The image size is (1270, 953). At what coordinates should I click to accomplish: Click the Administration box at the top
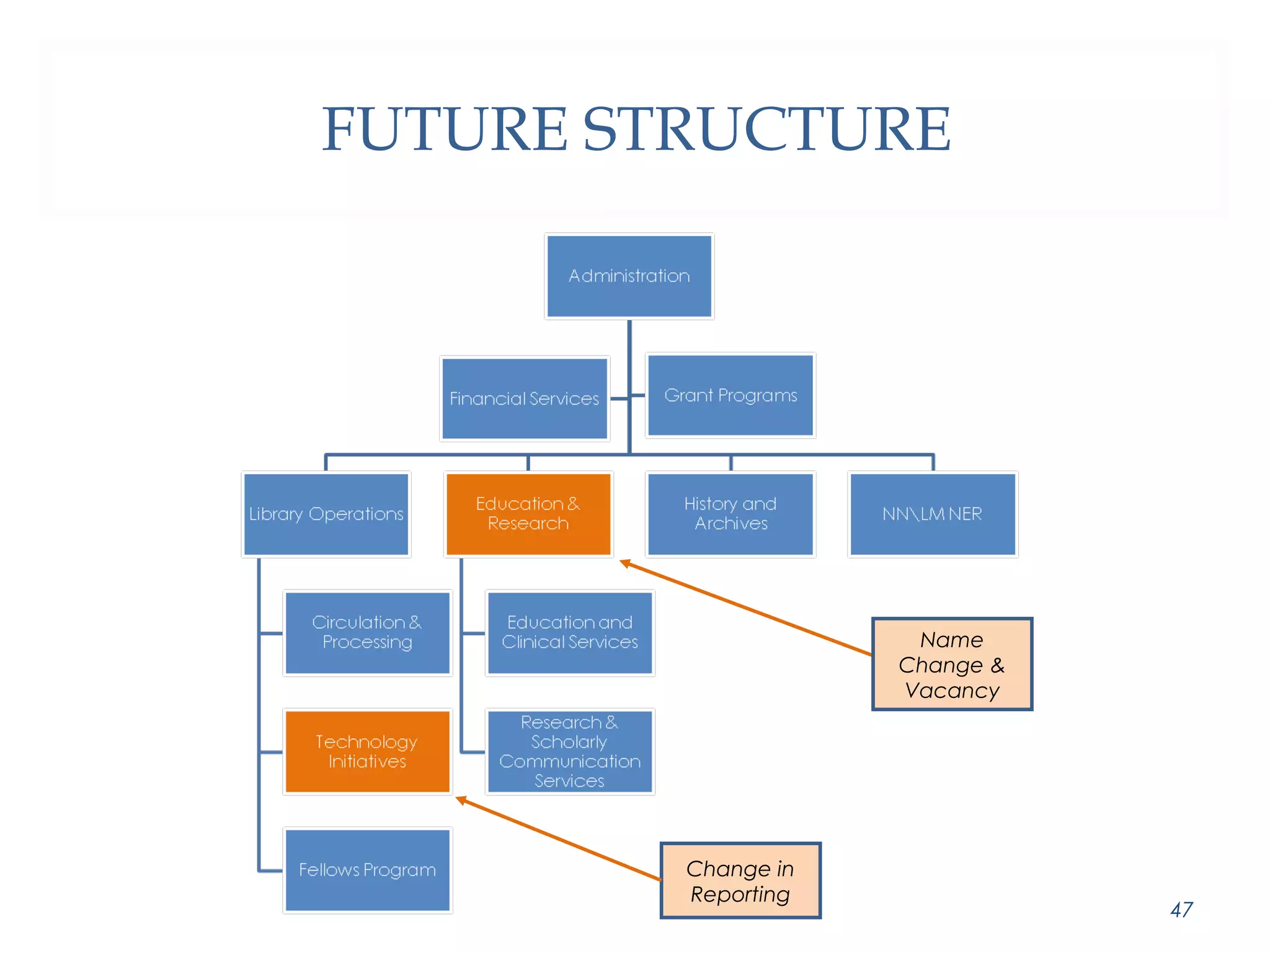pyautogui.click(x=629, y=276)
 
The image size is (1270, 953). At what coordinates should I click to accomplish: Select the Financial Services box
pyautogui.click(x=525, y=398)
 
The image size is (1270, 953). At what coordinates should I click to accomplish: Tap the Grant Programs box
pyautogui.click(x=730, y=395)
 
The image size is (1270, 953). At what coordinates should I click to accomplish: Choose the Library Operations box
pyautogui.click(x=326, y=514)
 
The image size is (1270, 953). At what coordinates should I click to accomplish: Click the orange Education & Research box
pyautogui.click(x=528, y=514)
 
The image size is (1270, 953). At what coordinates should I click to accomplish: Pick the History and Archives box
pyautogui.click(x=730, y=514)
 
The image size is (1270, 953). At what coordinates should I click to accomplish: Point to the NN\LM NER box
pyautogui.click(x=932, y=514)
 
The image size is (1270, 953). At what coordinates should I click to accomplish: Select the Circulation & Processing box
pyautogui.click(x=367, y=632)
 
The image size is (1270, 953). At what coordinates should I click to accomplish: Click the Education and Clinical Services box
pyautogui.click(x=569, y=632)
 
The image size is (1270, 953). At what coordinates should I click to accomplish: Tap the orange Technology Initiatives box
pyautogui.click(x=367, y=751)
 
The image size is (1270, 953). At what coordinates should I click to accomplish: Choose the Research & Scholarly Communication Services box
pyautogui.click(x=569, y=751)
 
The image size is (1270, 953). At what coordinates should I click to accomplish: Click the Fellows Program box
pyautogui.click(x=367, y=870)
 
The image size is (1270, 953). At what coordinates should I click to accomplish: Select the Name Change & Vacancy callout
pyautogui.click(x=951, y=664)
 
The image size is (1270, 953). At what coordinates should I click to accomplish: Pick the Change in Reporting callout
pyautogui.click(x=740, y=880)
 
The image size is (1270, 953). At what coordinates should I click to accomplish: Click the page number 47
pyautogui.click(x=1181, y=910)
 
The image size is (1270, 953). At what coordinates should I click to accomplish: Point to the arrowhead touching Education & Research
pyautogui.click(x=625, y=563)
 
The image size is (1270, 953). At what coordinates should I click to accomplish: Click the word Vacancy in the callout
pyautogui.click(x=951, y=691)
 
